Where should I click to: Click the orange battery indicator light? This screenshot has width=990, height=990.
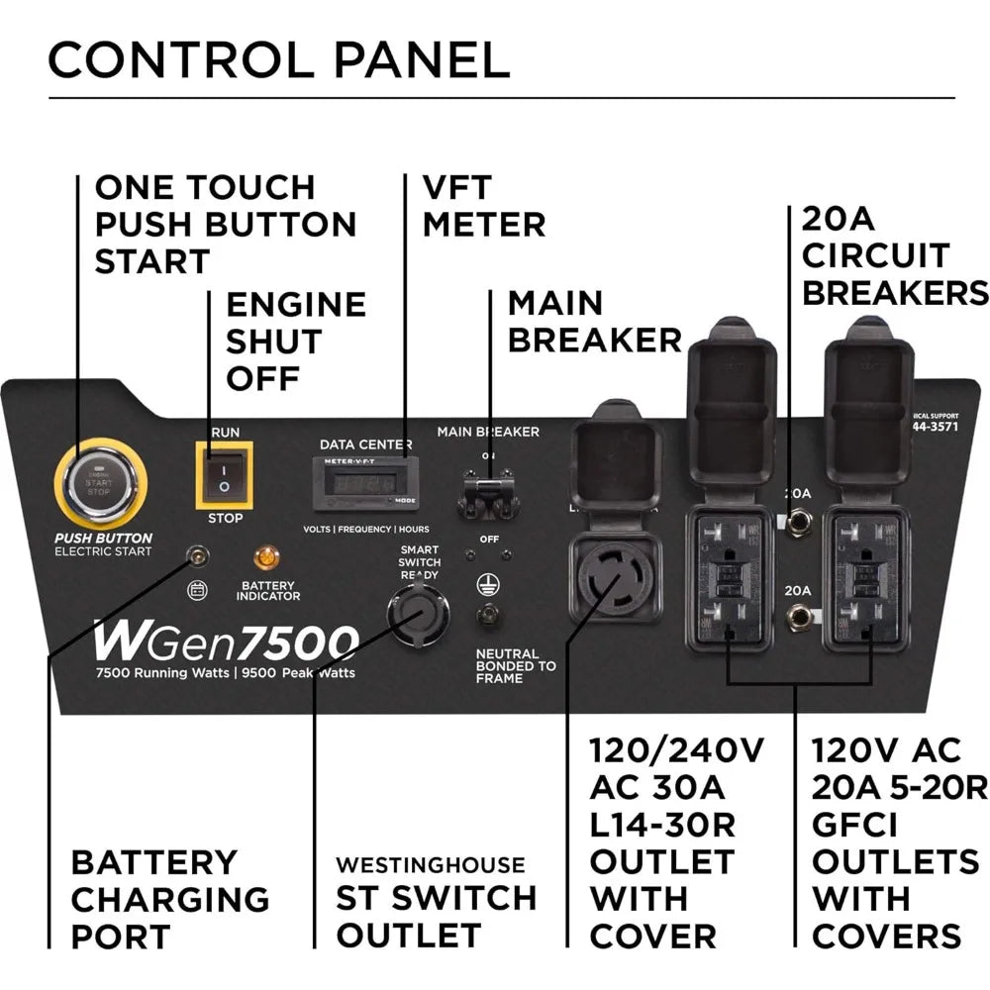click(x=265, y=557)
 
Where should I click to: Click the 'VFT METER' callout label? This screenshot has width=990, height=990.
click(x=483, y=206)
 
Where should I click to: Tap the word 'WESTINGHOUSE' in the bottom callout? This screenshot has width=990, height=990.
click(x=430, y=865)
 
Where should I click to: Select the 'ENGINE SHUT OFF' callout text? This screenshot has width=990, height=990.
click(x=296, y=341)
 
